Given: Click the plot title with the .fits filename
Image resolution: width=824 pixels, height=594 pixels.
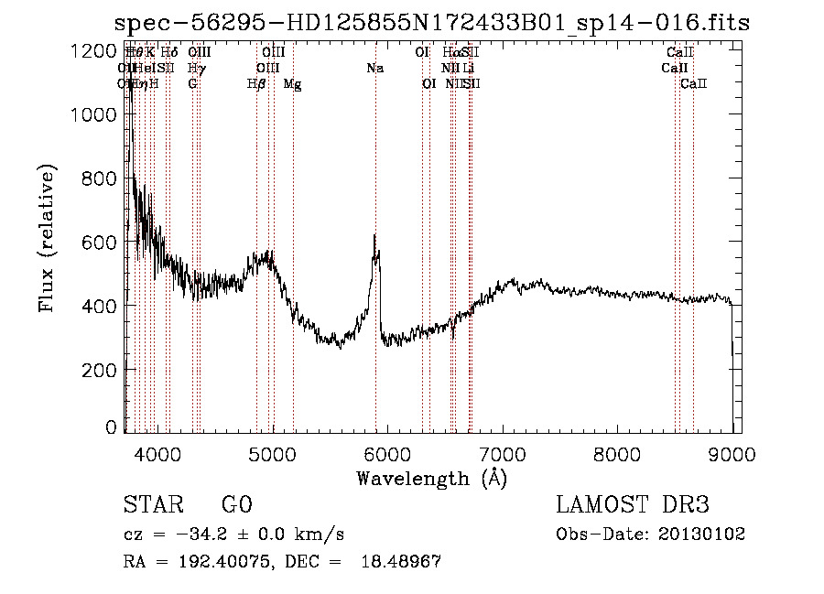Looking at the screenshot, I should (432, 23).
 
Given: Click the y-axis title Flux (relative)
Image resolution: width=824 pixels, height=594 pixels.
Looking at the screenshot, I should (47, 240).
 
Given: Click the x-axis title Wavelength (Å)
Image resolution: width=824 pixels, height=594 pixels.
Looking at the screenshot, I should (431, 478).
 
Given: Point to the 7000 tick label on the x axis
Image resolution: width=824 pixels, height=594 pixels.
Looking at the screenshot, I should (502, 452).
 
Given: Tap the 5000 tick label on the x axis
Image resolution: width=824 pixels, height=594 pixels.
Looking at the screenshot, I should (272, 452).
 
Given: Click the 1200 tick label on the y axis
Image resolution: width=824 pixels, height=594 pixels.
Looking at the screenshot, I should (95, 51).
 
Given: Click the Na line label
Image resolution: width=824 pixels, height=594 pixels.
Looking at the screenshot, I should (374, 69).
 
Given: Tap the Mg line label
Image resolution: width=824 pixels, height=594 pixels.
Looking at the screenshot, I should (292, 84).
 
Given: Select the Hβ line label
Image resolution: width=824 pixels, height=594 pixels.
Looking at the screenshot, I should (256, 84).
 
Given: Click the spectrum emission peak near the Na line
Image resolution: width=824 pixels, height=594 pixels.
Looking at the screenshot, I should (374, 237).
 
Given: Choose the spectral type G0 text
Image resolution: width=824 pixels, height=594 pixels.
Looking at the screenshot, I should (236, 505).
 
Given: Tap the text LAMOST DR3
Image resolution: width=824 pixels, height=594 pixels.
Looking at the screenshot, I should (634, 505).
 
